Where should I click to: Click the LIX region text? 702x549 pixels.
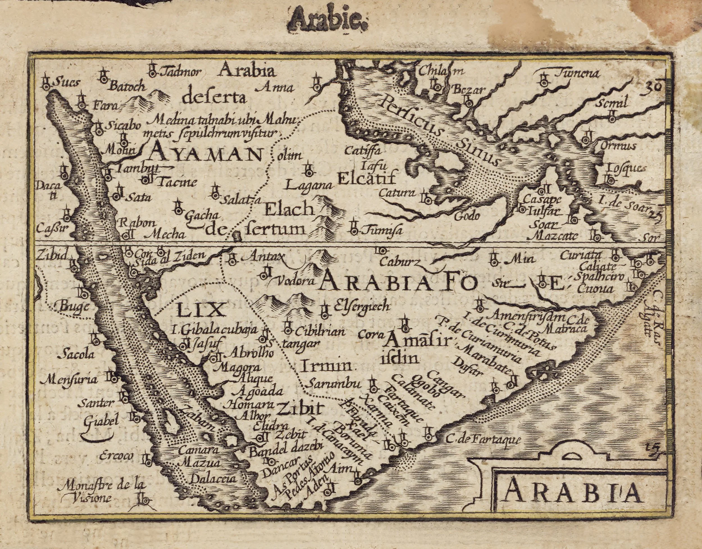[200, 311]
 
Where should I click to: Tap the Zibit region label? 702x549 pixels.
[299, 409]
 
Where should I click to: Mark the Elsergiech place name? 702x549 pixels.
[361, 306]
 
